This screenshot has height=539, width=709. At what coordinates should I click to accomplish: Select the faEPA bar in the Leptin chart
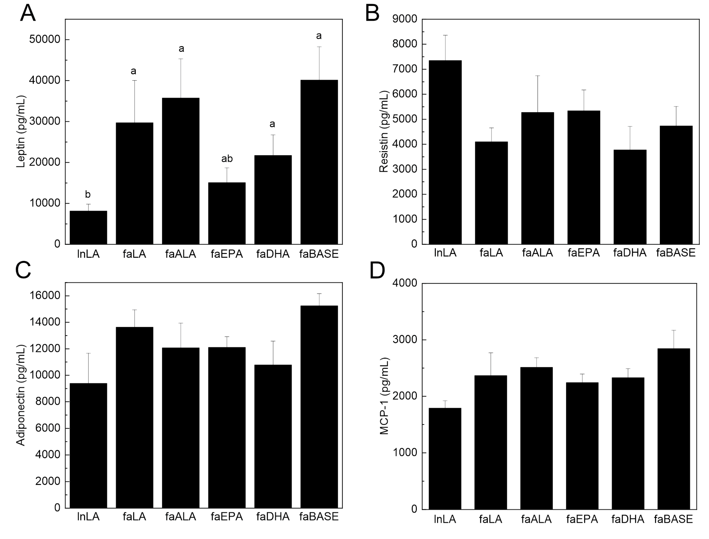coord(227,213)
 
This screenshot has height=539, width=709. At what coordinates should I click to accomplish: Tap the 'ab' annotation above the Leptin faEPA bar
coord(227,159)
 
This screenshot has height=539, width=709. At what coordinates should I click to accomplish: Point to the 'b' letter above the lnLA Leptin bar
coord(88,195)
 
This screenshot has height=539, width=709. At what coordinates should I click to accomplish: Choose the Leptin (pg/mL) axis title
coord(21,131)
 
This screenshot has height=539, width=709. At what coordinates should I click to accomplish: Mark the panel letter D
coord(377,270)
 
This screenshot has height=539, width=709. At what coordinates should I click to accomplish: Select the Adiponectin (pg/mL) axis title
coord(21,395)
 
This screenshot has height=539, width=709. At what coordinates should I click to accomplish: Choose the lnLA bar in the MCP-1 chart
coord(445,459)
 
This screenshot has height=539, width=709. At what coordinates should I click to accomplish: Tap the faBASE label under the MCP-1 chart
coord(673,519)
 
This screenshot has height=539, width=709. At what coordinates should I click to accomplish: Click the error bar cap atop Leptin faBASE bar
coord(319,47)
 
